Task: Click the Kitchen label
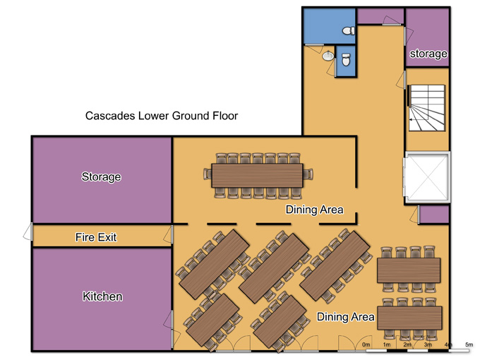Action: coord(102,296)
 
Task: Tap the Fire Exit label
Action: coord(96,237)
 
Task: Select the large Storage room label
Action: coord(102,177)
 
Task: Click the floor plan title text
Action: coord(162,116)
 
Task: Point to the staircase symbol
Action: coord(427,108)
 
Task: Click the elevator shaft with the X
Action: coord(427,177)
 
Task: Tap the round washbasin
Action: coord(328,56)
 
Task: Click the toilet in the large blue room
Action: coord(349,30)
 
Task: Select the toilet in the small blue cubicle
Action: coord(346,60)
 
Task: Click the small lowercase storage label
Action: coord(428,54)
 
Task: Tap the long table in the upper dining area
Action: coord(257,175)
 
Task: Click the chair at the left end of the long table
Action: coord(208,174)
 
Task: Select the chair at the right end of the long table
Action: coord(308,174)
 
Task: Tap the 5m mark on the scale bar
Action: coord(469,344)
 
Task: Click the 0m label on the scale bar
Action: coord(366,344)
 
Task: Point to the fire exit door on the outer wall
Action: coord(28,232)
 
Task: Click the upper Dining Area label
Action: coord(314,210)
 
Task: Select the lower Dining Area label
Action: coord(345,317)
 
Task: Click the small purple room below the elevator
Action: coord(434,215)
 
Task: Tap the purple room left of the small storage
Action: coord(380,16)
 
